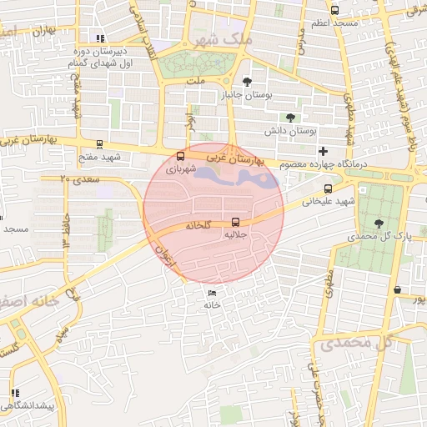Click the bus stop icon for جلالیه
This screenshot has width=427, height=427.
point(236,223)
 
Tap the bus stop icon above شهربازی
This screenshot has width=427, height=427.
point(182,157)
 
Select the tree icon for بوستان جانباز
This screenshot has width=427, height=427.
point(247,81)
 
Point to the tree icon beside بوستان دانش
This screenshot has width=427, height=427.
point(289,118)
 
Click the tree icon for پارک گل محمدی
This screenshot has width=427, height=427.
point(379,224)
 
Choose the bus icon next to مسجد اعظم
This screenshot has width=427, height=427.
point(335,11)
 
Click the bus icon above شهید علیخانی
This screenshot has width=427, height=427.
point(328,188)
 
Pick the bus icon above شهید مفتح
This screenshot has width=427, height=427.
point(100,144)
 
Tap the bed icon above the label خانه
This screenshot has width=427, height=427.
point(212,293)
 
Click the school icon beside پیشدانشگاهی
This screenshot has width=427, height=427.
point(14,392)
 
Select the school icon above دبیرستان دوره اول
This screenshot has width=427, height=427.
point(101,38)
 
